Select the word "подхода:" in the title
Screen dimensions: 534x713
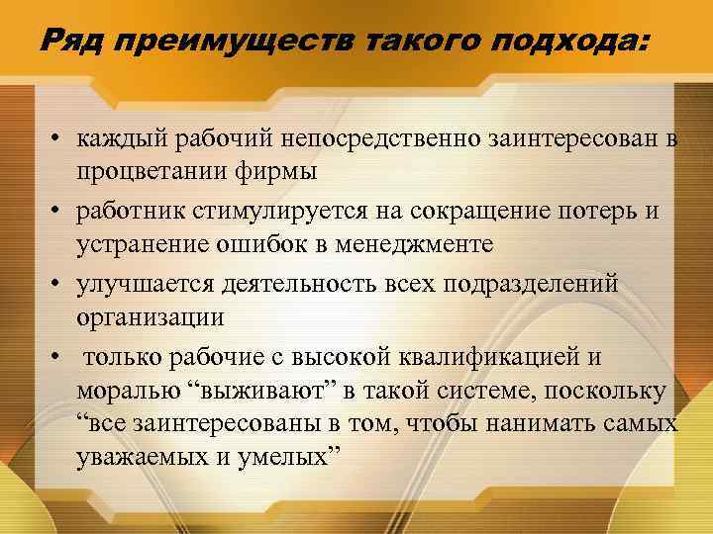coord(580,42)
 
